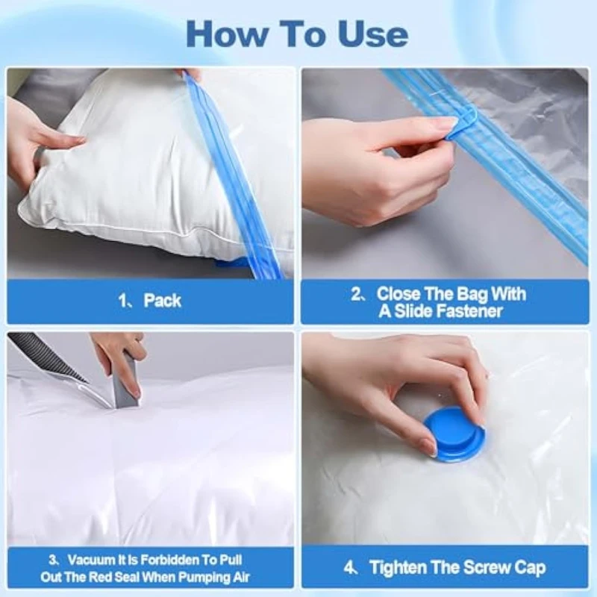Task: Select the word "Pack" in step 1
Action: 162,301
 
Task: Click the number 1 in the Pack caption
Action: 122,301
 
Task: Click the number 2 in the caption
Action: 356,294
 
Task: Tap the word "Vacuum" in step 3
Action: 90,560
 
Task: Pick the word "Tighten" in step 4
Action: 394,568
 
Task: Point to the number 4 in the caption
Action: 348,568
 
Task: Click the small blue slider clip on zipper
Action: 461,125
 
